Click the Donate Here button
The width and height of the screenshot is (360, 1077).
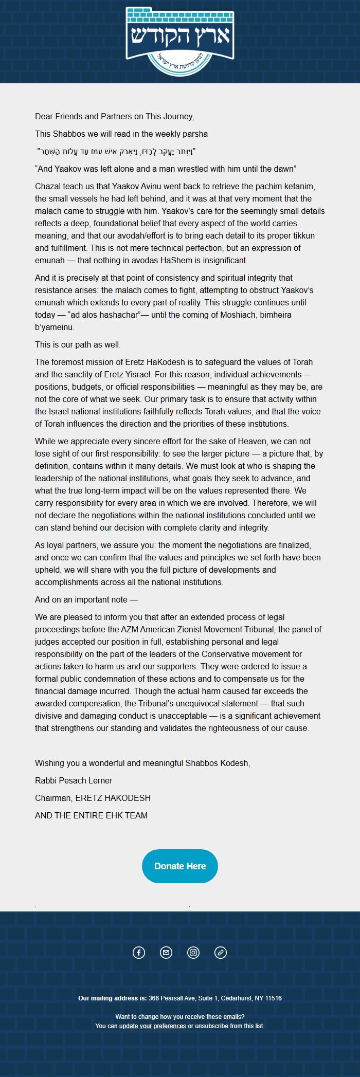180,866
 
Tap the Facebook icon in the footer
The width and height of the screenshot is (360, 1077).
139,953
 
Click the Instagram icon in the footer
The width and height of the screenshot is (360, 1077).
193,953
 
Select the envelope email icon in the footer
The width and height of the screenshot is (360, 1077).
166,953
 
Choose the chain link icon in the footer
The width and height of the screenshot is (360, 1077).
221,953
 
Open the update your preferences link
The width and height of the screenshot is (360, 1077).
152,1026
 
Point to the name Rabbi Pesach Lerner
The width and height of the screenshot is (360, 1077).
74,780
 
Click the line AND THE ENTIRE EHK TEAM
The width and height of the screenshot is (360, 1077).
91,815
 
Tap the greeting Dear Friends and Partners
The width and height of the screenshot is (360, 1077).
114,116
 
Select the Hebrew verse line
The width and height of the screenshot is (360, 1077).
116,151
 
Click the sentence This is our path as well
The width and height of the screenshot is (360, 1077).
78,344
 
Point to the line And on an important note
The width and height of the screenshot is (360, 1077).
86,599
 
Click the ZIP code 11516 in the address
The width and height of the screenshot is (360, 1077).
273,998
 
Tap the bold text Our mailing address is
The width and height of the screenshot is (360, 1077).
112,998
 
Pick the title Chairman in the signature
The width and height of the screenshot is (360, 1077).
52,798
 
